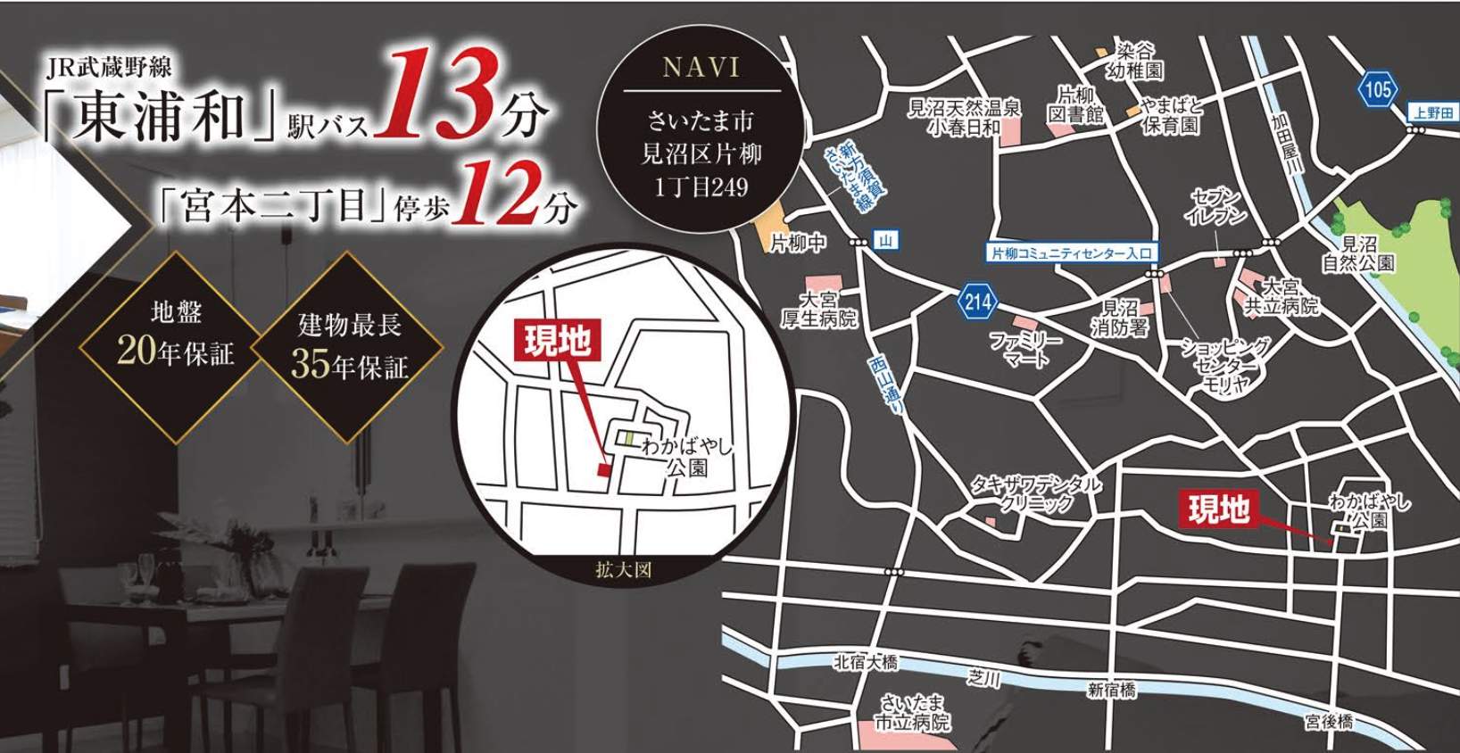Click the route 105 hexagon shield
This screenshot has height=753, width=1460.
[1377, 88]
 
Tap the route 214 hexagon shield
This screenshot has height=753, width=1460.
[977, 302]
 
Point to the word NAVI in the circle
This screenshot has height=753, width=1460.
[701, 67]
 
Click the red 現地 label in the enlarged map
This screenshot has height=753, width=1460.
[557, 342]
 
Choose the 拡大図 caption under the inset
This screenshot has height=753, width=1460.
[623, 570]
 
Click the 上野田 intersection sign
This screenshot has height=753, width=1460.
[1433, 112]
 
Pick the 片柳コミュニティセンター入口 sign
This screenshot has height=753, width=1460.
[1071, 253]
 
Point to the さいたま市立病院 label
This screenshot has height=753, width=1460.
[911, 714]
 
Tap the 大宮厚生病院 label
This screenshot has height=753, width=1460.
[818, 309]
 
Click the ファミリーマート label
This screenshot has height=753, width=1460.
[1025, 350]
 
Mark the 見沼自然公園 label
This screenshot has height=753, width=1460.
[1358, 253]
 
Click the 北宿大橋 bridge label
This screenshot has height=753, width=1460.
[865, 662]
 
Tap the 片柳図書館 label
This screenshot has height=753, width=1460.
[1076, 104]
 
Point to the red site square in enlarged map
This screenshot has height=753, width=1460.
[604, 468]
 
